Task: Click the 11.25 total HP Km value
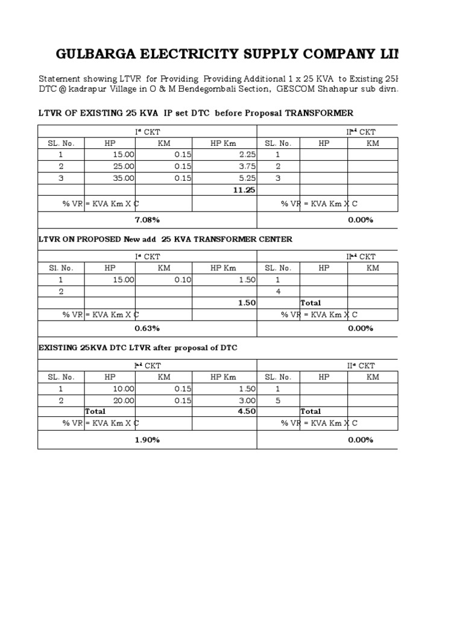244,190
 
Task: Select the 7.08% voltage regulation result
147,220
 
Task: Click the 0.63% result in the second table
147,328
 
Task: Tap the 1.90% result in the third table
147,440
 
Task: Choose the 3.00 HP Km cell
247,401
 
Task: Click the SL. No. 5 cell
278,401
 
